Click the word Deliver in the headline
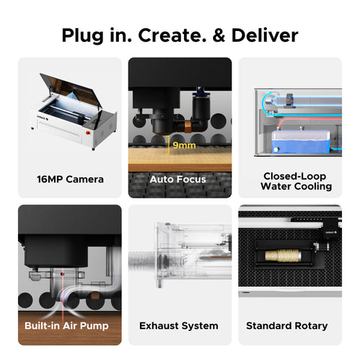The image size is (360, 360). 265,35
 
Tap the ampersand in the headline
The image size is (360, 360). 219,35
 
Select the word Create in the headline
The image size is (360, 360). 172,35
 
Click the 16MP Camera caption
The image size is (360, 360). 70,179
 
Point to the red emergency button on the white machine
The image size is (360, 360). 88,132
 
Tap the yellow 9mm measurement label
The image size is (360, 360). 184,145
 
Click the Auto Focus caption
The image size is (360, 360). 178,179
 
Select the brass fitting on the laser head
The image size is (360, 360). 188,126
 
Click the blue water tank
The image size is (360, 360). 301,142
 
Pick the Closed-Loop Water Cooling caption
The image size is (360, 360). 296,181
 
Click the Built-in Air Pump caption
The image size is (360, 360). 66,325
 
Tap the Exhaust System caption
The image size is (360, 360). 179,325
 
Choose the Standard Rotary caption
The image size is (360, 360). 287,325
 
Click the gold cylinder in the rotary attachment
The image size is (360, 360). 283,256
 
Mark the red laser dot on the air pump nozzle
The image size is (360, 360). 62,274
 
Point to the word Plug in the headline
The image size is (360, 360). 82,36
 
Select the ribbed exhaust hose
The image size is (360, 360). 143,261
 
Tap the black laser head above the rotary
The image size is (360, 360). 332,229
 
